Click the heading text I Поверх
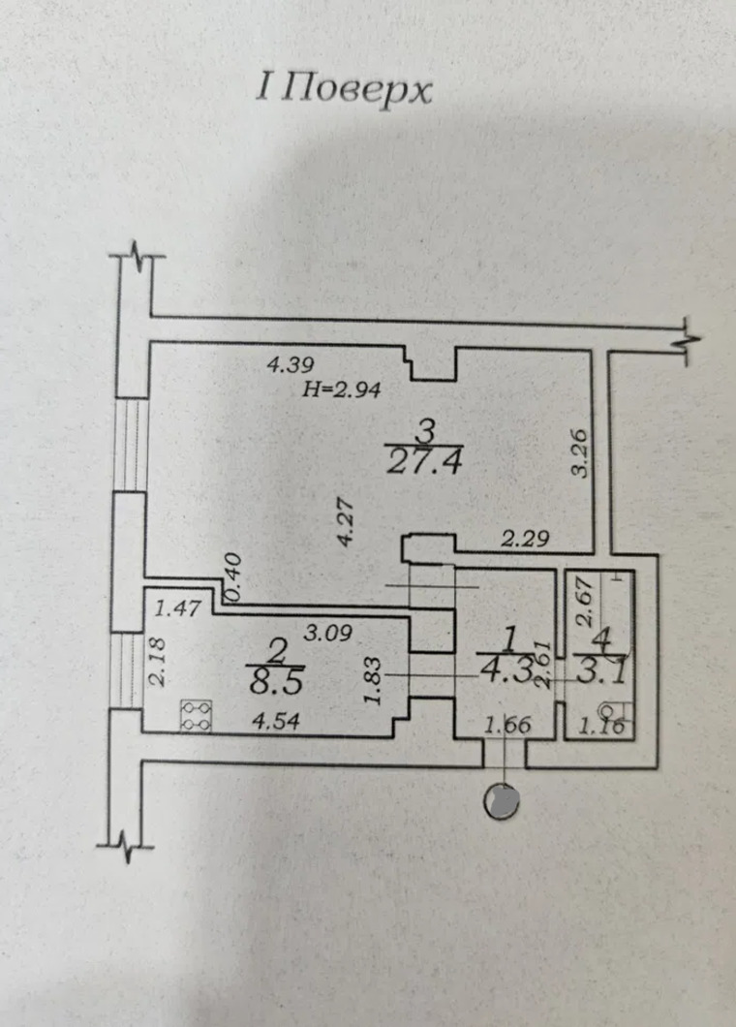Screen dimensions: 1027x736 point(343,90)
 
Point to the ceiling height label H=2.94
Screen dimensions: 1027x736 point(344,391)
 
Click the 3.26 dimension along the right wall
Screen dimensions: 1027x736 point(579,452)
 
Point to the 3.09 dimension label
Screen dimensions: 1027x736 point(328,635)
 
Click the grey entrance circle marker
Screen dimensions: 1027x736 point(503,800)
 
